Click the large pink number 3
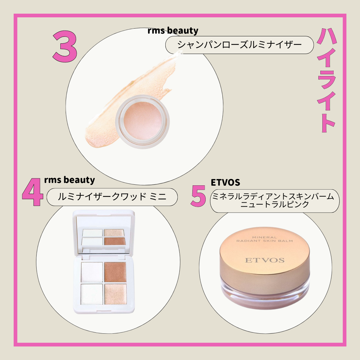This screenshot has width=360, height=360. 65,47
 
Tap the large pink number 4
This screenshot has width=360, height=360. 32,192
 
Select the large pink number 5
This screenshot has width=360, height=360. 198,196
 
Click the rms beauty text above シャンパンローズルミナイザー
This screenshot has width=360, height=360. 173,31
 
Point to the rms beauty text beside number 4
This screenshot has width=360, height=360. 69,180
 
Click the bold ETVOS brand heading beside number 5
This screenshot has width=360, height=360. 225,183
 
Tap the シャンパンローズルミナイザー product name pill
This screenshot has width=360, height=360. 239,45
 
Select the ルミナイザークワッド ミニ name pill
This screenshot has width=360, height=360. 112,197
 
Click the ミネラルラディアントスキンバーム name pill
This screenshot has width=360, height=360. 275,201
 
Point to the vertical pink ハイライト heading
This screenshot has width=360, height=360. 327,81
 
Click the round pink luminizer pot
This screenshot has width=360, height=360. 143,121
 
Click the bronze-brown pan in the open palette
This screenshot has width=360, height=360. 115,272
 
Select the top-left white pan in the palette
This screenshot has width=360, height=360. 92,272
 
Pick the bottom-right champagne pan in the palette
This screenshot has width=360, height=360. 115,294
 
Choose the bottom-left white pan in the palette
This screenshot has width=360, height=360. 92,294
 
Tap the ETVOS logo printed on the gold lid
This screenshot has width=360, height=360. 265,260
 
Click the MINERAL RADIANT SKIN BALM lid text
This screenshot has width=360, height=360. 264,239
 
